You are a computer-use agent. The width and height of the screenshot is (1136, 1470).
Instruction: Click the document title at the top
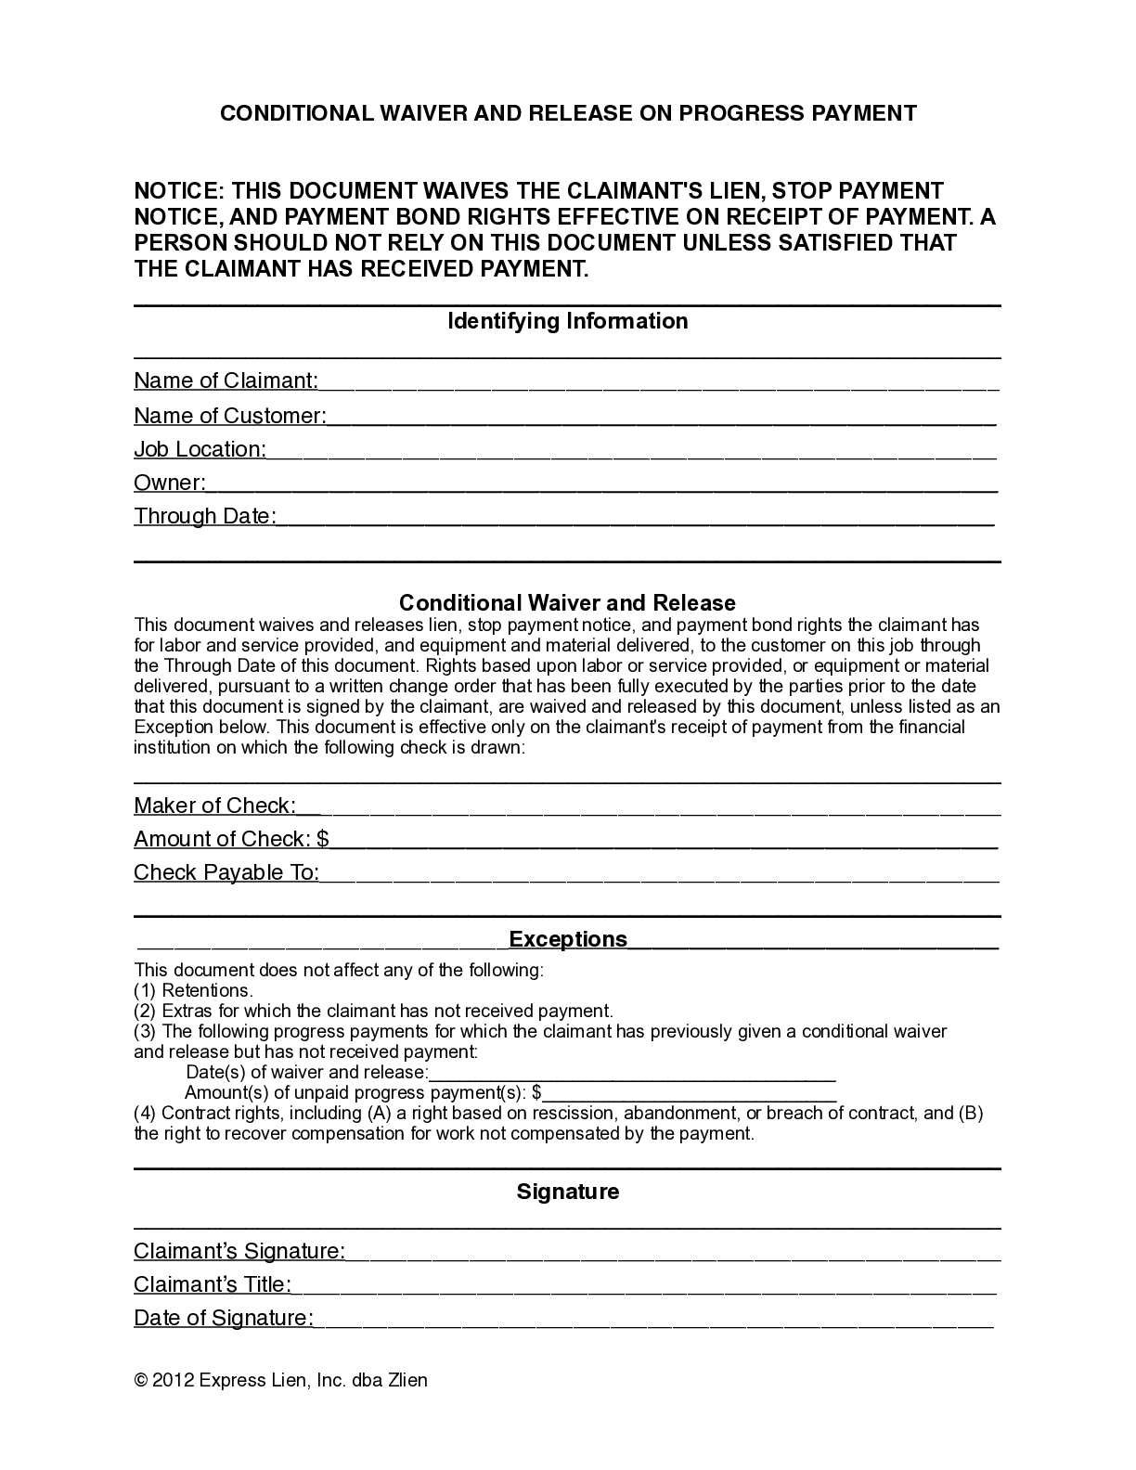[x=568, y=113]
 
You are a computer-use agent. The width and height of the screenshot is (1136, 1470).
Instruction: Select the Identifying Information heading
[x=568, y=321]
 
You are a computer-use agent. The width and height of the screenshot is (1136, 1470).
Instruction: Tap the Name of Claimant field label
[x=226, y=380]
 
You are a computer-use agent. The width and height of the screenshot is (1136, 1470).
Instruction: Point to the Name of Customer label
[x=229, y=416]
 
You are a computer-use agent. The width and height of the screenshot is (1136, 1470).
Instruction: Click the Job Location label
[x=200, y=449]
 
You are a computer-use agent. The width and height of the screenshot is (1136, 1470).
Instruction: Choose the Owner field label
[x=169, y=483]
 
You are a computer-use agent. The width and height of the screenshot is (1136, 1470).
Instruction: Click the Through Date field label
[x=204, y=516]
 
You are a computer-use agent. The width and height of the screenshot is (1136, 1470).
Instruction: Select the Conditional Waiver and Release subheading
[x=567, y=602]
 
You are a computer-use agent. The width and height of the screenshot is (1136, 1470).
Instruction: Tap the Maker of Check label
[x=214, y=806]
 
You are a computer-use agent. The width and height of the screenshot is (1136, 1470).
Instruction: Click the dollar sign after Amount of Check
[x=323, y=839]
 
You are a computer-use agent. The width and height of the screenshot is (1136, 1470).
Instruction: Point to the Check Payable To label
[x=226, y=872]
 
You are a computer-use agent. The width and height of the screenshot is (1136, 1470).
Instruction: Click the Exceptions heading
[x=568, y=939]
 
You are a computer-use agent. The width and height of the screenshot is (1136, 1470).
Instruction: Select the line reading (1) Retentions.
[x=193, y=990]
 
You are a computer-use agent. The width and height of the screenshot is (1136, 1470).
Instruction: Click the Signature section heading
[x=568, y=1192]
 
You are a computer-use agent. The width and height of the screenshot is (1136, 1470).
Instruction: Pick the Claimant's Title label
[x=213, y=1284]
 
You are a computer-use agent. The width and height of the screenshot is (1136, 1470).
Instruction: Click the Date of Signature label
[x=223, y=1318]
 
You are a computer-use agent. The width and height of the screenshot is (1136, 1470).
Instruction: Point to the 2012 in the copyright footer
[x=173, y=1380]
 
